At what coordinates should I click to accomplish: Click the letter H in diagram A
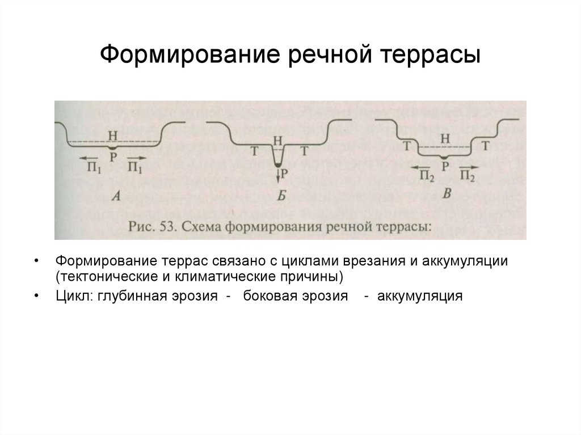[x=112, y=135]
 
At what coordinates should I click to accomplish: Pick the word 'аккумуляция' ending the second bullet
[x=420, y=296]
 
